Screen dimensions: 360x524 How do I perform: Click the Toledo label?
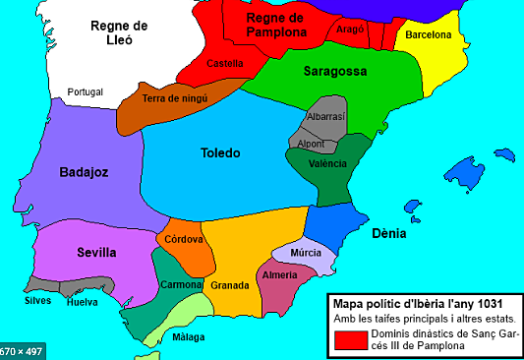point(220,152)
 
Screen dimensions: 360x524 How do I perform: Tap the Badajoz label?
point(84,171)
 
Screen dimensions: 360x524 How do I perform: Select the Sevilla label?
point(96,253)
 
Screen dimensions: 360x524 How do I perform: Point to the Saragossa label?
point(308,72)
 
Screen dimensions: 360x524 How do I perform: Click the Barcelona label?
point(429,34)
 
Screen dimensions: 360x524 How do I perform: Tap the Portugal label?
point(86,92)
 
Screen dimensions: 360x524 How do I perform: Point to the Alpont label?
point(311,144)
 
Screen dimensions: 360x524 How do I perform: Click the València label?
point(327,163)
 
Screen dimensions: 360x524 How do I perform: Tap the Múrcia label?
point(306,252)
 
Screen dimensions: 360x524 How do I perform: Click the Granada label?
point(229,285)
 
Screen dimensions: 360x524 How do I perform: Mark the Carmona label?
point(181,284)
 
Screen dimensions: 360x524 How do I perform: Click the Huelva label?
point(82,303)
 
